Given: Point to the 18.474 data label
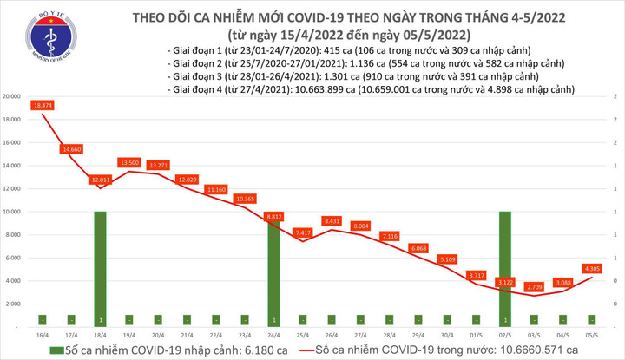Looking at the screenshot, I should [44, 105].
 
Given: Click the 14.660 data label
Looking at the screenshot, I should [72, 149].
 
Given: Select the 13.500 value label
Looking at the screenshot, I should [129, 162].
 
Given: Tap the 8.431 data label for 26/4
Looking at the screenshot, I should [331, 220].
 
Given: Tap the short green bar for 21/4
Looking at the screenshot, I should [187, 320].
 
